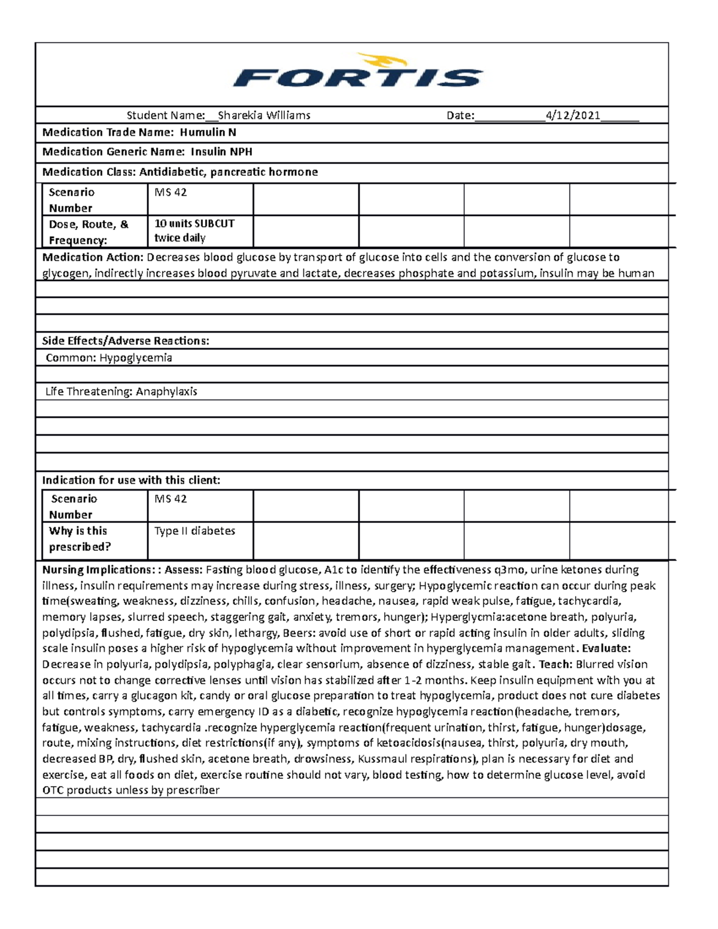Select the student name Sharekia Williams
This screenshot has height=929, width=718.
click(264, 115)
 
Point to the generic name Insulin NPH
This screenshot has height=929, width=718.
click(221, 152)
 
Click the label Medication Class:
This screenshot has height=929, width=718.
click(90, 172)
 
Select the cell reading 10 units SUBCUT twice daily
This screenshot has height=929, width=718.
click(194, 231)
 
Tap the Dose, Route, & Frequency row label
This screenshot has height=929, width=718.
click(88, 232)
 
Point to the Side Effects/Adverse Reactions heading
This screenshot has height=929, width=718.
click(126, 341)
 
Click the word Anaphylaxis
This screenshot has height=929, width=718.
click(166, 392)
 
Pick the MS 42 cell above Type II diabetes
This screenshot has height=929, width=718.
click(171, 499)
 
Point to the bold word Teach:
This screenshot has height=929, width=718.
click(556, 665)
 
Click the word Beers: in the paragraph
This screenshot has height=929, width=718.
click(299, 633)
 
